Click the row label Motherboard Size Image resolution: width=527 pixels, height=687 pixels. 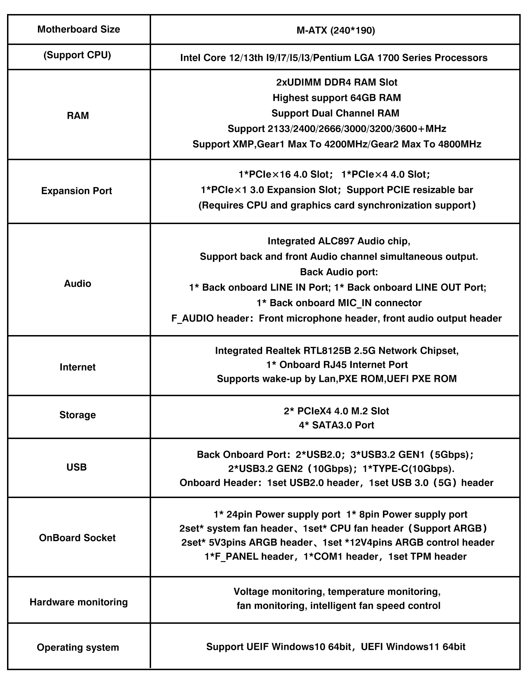(78, 29)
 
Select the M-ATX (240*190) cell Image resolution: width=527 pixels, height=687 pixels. (336, 31)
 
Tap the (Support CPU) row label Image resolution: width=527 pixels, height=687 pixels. (77, 55)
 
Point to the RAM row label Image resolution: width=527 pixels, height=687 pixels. (78, 116)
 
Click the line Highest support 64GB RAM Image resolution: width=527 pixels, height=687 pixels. (337, 98)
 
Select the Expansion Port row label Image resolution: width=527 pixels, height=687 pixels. (76, 191)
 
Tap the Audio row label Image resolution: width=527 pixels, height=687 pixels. (77, 283)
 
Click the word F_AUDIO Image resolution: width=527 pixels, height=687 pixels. (192, 319)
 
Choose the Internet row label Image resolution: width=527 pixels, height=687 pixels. (77, 367)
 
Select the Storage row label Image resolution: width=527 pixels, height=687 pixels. (77, 415)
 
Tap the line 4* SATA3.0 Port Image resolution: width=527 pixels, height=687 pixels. (336, 425)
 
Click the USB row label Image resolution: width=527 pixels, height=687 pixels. (76, 467)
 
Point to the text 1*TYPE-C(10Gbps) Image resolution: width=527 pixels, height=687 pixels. (408, 469)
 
